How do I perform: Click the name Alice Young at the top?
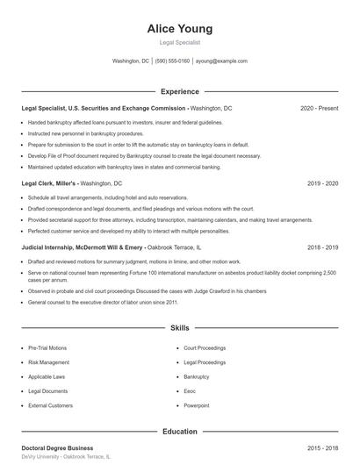(x=180, y=28)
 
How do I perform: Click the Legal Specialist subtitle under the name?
(x=180, y=42)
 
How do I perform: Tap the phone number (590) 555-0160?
(x=172, y=61)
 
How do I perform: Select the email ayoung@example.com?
(x=221, y=61)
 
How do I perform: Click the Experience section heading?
(x=180, y=91)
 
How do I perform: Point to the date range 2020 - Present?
(x=319, y=108)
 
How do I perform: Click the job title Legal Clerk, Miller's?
(x=49, y=184)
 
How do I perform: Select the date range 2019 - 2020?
(x=322, y=184)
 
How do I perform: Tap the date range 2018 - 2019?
(x=322, y=248)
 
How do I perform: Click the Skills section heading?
(x=180, y=328)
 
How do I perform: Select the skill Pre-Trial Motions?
(x=47, y=347)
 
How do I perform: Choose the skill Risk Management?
(x=48, y=361)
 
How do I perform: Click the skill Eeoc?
(x=190, y=391)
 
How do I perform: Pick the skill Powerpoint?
(x=196, y=405)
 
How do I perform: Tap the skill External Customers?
(x=50, y=405)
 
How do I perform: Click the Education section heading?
(x=180, y=432)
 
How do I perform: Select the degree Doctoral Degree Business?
(x=57, y=448)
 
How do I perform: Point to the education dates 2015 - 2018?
(x=322, y=448)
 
